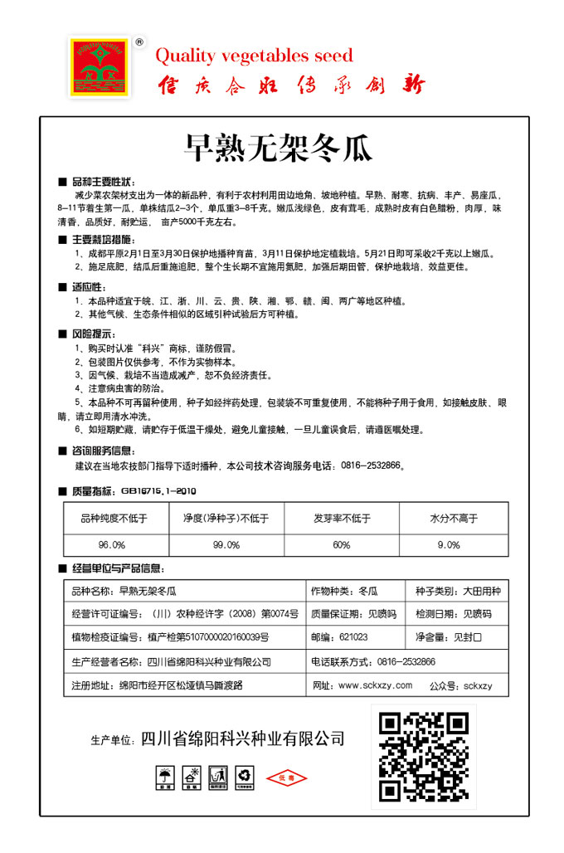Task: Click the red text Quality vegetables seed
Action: coord(254,56)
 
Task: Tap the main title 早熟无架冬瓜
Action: coord(278,149)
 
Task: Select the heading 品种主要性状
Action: coord(103,181)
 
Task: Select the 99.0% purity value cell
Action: coord(226,544)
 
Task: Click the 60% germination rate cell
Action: coord(341,544)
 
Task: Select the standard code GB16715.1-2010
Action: coord(158,490)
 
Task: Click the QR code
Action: coord(423,755)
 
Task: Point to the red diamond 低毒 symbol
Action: coord(286,778)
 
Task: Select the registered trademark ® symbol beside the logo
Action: coord(139,41)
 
